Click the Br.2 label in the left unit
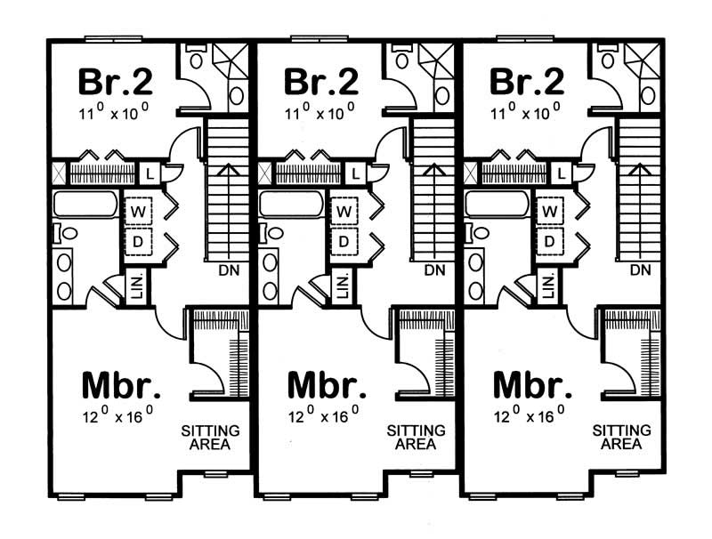tap(116, 81)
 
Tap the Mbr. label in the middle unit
tap(327, 387)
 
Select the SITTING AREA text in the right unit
tap(621, 437)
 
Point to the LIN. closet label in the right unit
tap(549, 286)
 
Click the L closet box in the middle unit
tap(355, 173)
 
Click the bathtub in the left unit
tap(85, 205)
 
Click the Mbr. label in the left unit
tap(121, 387)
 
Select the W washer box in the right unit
tap(550, 212)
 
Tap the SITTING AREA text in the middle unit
tap(416, 437)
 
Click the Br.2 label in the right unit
tap(527, 81)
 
